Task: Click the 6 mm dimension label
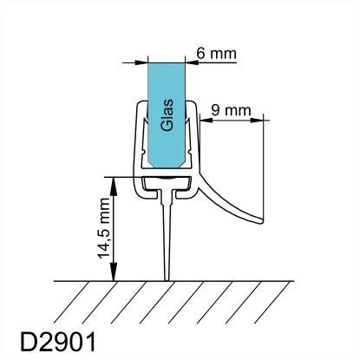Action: [216, 54]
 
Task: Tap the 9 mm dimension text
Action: [231, 110]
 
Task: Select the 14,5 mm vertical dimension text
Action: [104, 228]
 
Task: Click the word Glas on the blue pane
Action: [167, 115]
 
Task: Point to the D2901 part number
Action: [58, 342]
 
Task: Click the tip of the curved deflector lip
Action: [263, 221]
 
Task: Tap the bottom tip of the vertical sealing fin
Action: [167, 280]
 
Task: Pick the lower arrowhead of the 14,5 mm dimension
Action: [114, 272]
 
